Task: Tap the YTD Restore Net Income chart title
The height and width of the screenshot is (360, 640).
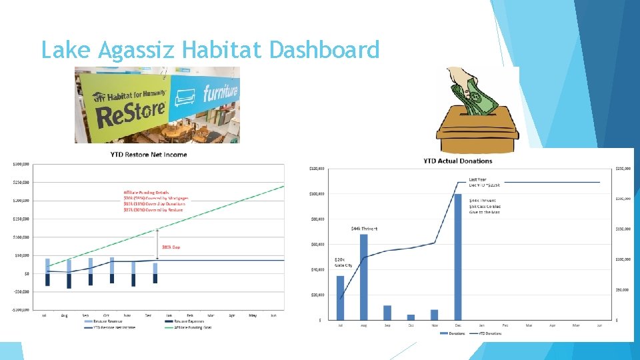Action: [x=149, y=155]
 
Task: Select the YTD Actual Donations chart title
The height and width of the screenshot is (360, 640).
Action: [x=457, y=161]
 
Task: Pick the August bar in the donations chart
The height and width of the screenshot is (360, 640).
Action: [x=364, y=277]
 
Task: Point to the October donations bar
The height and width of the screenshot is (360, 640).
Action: [x=411, y=317]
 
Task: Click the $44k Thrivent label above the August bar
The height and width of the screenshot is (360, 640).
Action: [x=364, y=229]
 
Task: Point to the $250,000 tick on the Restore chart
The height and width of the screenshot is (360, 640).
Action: [x=21, y=182]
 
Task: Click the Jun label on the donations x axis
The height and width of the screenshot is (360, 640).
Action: [x=599, y=325]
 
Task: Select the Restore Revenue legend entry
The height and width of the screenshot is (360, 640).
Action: [x=98, y=321]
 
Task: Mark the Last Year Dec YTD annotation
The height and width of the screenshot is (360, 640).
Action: [x=485, y=182]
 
